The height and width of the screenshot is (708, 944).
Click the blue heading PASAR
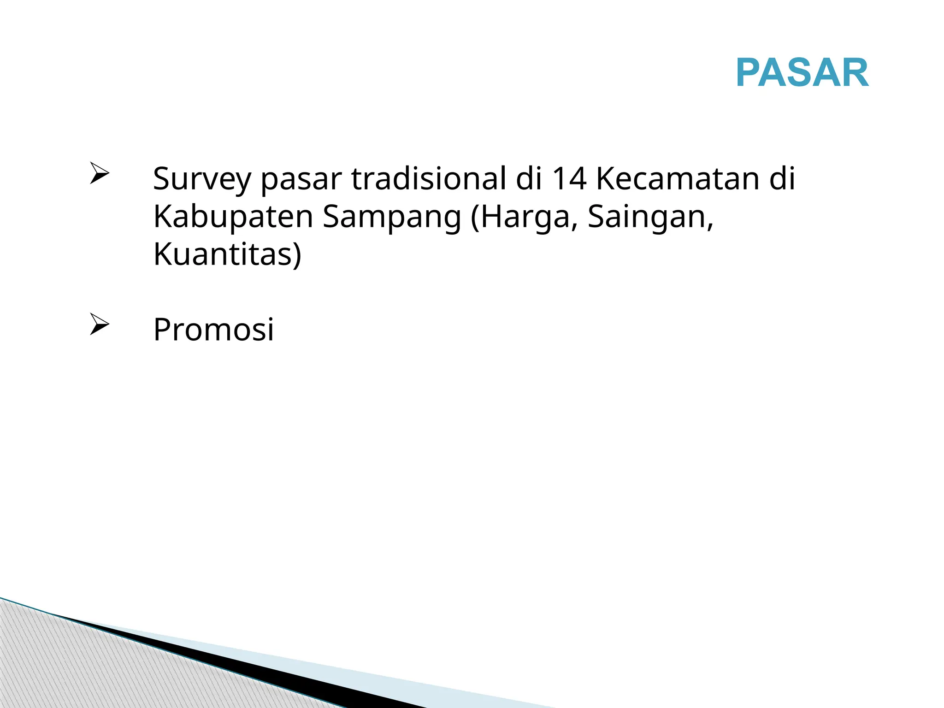coord(802,73)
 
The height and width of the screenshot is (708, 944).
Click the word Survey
coord(202,179)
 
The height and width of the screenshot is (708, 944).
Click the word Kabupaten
coord(233,217)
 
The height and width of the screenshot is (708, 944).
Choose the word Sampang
coord(391,217)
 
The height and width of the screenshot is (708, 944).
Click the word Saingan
coord(650,217)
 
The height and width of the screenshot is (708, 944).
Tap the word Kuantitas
coord(223,254)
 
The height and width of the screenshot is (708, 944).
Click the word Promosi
coord(213,330)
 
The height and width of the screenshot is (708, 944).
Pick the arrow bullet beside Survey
coord(99,173)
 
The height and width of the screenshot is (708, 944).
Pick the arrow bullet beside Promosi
coord(99,324)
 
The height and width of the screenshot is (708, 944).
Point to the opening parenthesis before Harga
coord(475,218)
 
